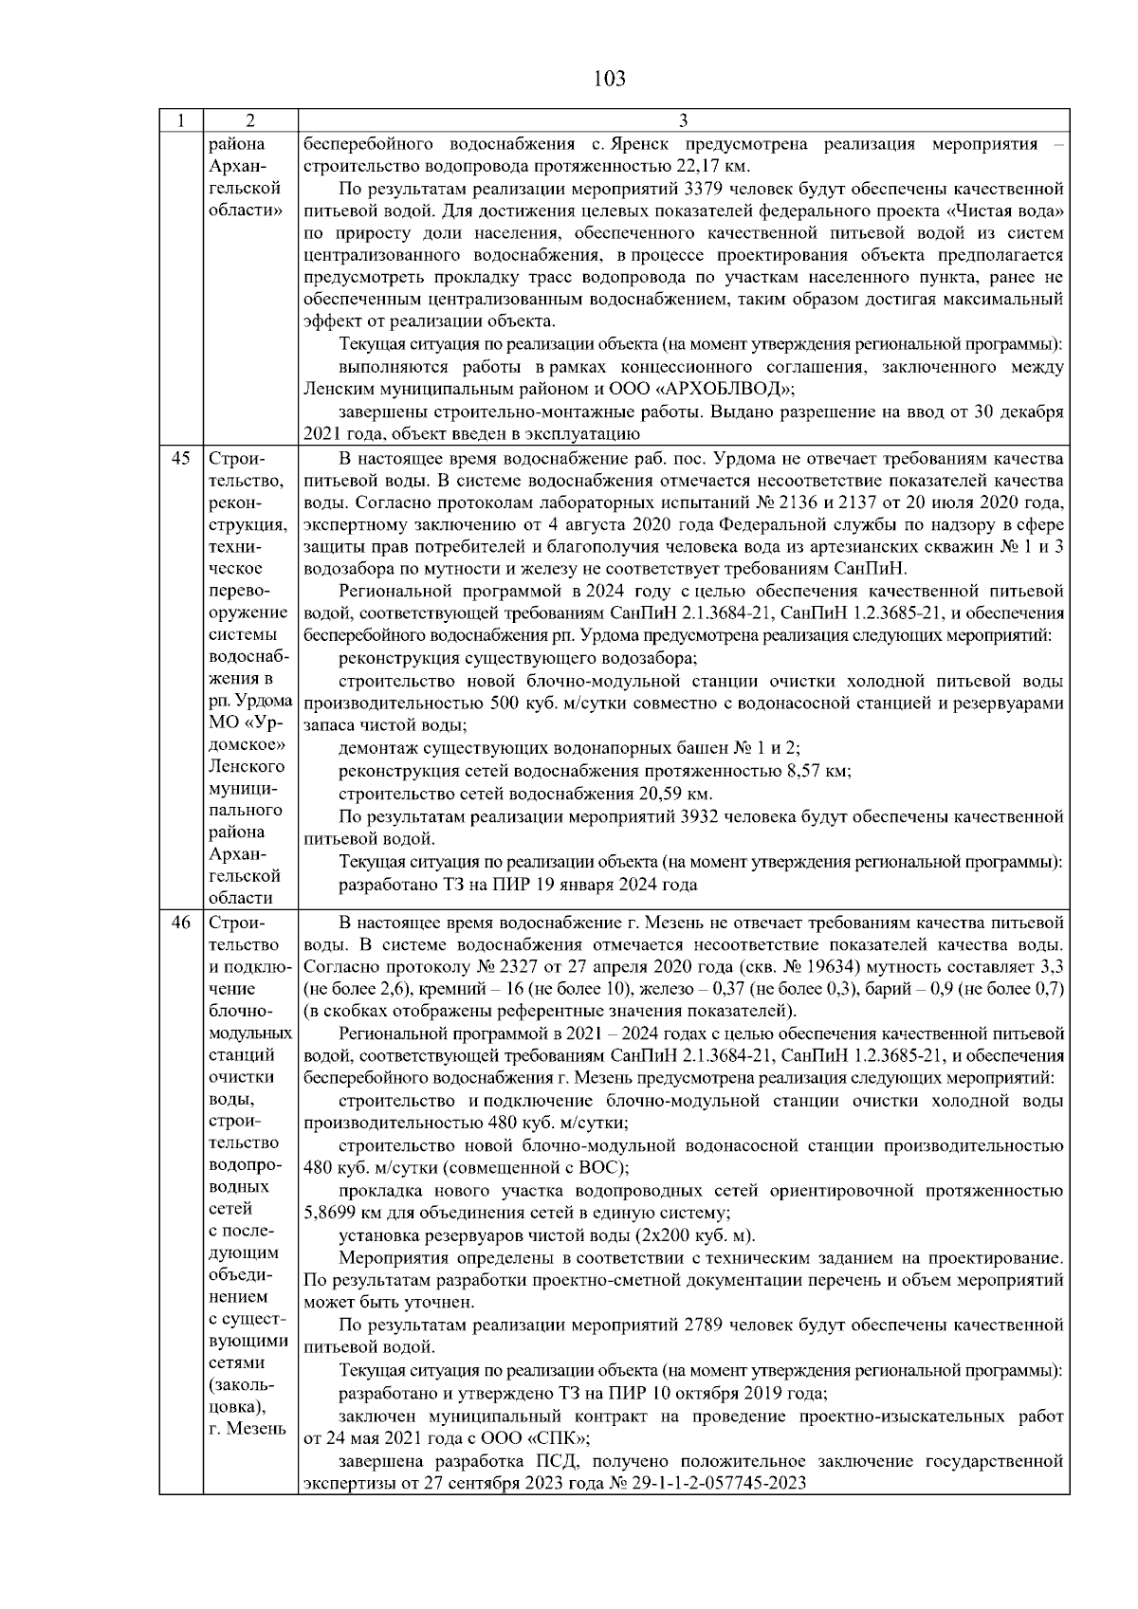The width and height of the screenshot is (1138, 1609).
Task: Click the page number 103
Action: pyautogui.click(x=609, y=79)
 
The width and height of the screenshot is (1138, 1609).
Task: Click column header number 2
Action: pyautogui.click(x=249, y=121)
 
